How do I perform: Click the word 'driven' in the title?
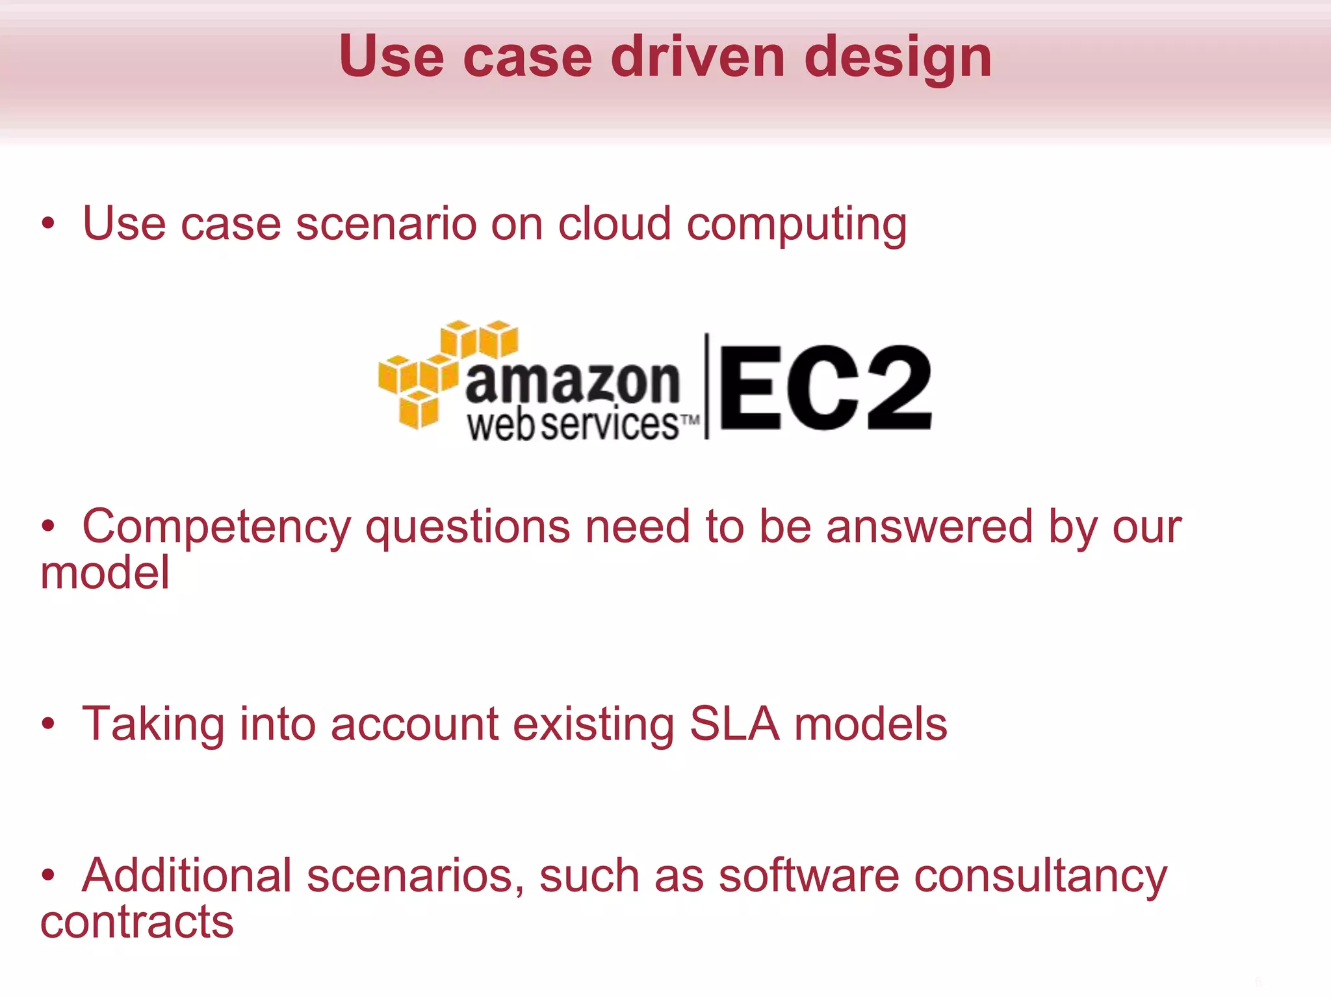(x=697, y=57)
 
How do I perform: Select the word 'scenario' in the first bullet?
(x=386, y=224)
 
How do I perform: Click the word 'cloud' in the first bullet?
(x=614, y=224)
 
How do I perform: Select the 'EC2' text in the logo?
(x=825, y=388)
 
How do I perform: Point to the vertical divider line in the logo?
(x=707, y=387)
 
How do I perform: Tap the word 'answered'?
(x=929, y=526)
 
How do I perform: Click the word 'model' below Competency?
(x=105, y=573)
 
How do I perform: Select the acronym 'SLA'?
(x=734, y=724)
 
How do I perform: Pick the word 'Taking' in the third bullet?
(x=153, y=725)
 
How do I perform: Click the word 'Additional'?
(x=187, y=876)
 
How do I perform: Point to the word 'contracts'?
(x=137, y=922)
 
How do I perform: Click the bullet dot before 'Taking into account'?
(x=48, y=723)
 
